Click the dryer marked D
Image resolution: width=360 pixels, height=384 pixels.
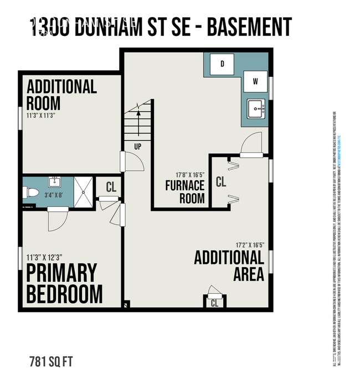(223, 64)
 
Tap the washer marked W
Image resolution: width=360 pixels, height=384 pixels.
(255, 81)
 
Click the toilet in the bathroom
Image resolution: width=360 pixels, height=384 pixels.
(31, 193)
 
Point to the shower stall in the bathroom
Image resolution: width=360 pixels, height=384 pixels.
(84, 191)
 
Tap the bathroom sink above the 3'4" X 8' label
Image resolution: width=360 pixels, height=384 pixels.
(55, 182)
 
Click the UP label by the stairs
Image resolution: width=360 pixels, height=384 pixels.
(137, 147)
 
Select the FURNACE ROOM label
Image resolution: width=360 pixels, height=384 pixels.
(185, 192)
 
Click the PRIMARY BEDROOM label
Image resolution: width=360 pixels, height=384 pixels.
(64, 283)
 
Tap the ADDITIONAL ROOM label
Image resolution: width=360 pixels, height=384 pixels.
(61, 95)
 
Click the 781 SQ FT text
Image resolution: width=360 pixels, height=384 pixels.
(50, 363)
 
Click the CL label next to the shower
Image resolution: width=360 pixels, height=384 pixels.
(111, 187)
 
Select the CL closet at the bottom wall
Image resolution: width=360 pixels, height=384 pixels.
(214, 303)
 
